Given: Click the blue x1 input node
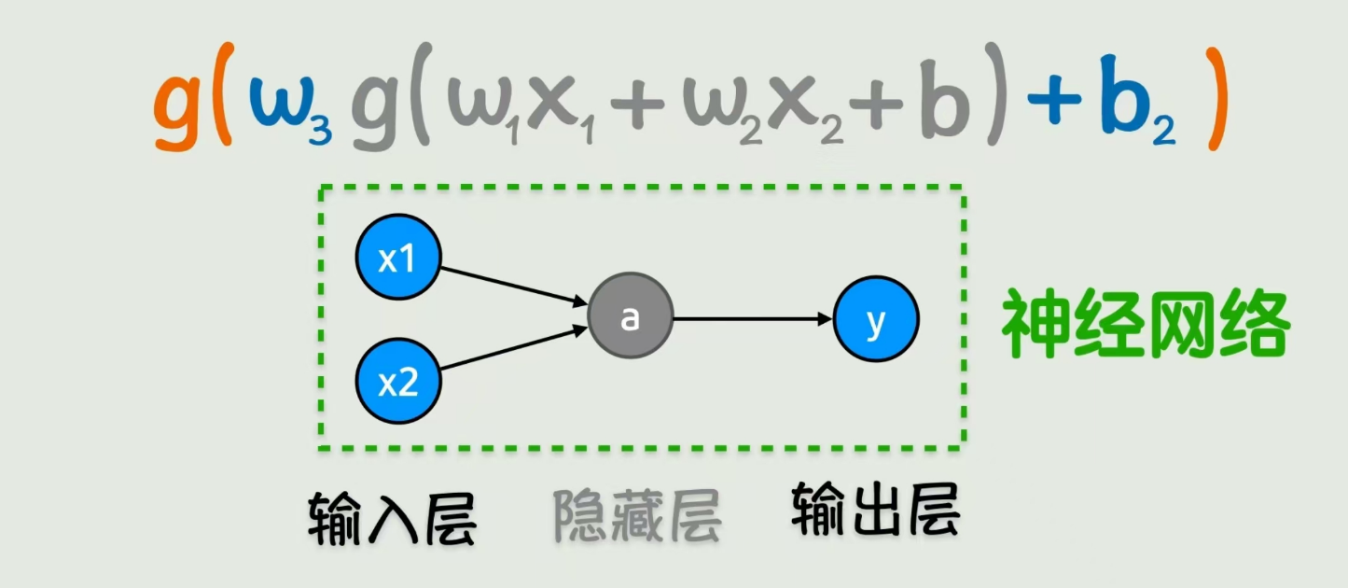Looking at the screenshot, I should (398, 258).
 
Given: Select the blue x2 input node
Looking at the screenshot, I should (398, 382).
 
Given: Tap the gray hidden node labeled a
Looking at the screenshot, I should (631, 318).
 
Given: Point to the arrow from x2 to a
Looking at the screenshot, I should (513, 351).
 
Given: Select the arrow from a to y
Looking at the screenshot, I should (752, 319).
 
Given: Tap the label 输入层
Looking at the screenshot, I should (393, 515).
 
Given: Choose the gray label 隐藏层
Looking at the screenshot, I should (637, 515).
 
